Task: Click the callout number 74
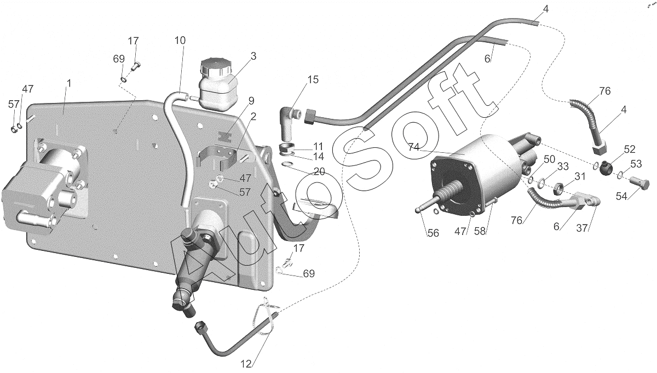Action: coord(413,147)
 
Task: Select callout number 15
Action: coord(313,79)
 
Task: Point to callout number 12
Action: coord(246,364)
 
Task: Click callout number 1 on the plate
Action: coord(68,83)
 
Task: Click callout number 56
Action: coord(433,233)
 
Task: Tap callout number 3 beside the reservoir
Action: coord(253,56)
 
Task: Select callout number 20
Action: coord(319,171)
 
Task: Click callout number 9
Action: coord(251,101)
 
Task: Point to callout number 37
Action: coord(582,228)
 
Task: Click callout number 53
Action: coord(636,164)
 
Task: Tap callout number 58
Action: coord(480,231)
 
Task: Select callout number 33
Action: coord(563,167)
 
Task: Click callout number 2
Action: coord(253,117)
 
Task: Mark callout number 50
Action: coord(549,159)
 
